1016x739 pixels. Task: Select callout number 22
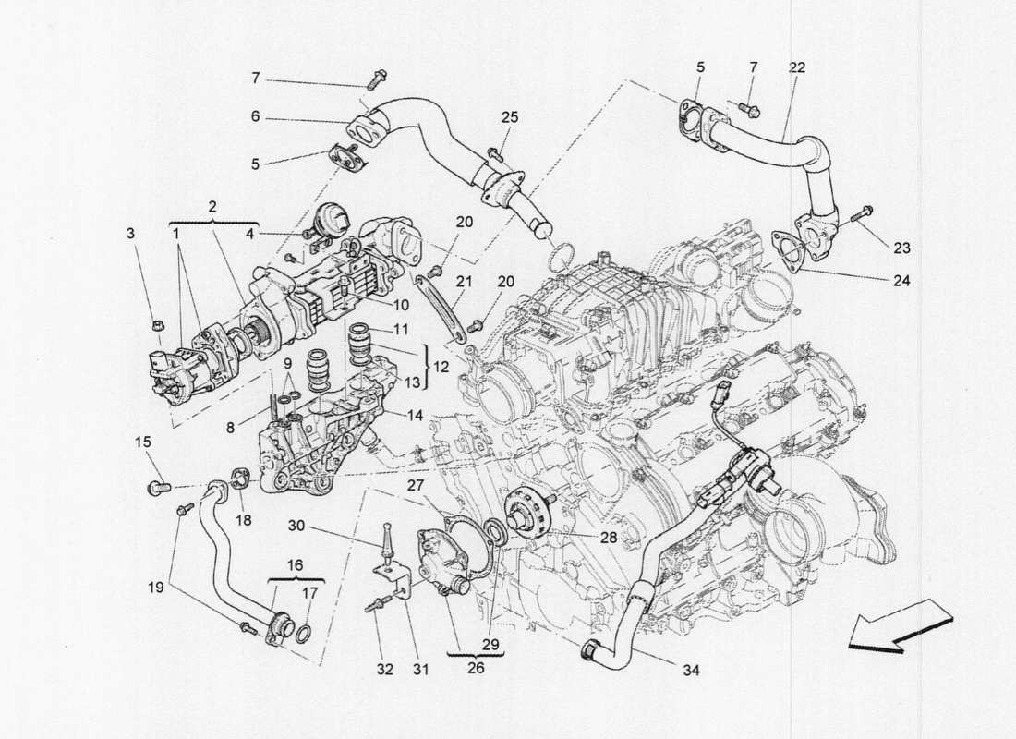point(796,67)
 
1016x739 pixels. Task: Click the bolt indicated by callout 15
point(157,485)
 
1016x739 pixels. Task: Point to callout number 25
point(510,117)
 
